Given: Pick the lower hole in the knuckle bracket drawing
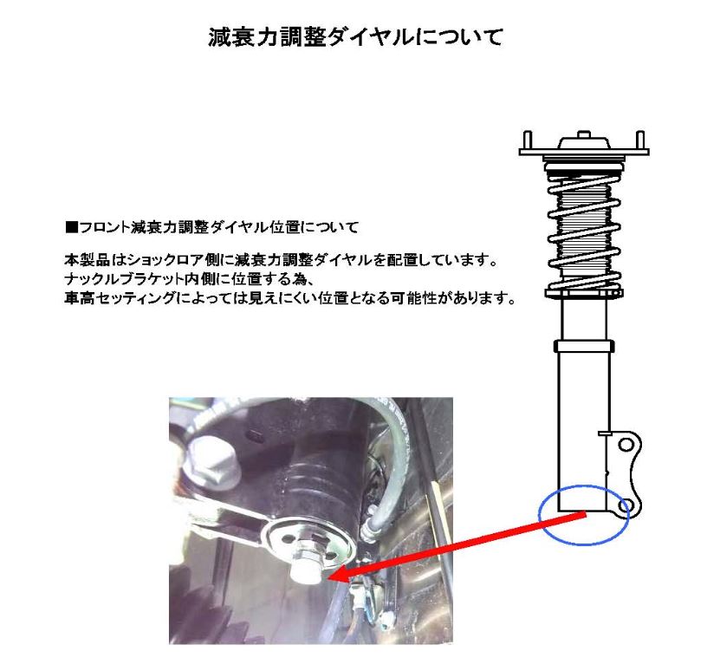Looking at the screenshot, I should pos(627,505).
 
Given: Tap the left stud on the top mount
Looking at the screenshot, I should pos(527,139).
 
